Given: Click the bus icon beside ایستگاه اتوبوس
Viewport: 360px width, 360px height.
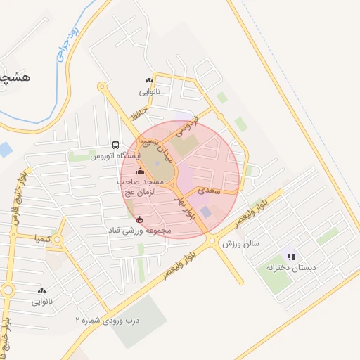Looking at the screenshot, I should click(x=115, y=146).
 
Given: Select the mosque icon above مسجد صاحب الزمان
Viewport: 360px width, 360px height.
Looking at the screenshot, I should click(x=139, y=171).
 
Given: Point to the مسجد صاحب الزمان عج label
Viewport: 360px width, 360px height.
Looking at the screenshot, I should click(x=141, y=186).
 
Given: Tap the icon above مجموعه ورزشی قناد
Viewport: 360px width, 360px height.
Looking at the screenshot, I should click(x=139, y=219).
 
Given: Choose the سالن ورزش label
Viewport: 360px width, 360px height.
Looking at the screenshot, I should click(x=241, y=243).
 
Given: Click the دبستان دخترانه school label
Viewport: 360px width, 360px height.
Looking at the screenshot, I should click(x=291, y=268).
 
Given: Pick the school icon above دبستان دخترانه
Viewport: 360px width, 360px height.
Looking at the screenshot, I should click(x=291, y=257).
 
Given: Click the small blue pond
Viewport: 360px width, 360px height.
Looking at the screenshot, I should click(x=4, y=149).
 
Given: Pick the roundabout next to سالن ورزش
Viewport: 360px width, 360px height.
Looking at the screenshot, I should click(x=212, y=241).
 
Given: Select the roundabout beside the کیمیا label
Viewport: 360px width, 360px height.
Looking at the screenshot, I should click(x=58, y=240).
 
